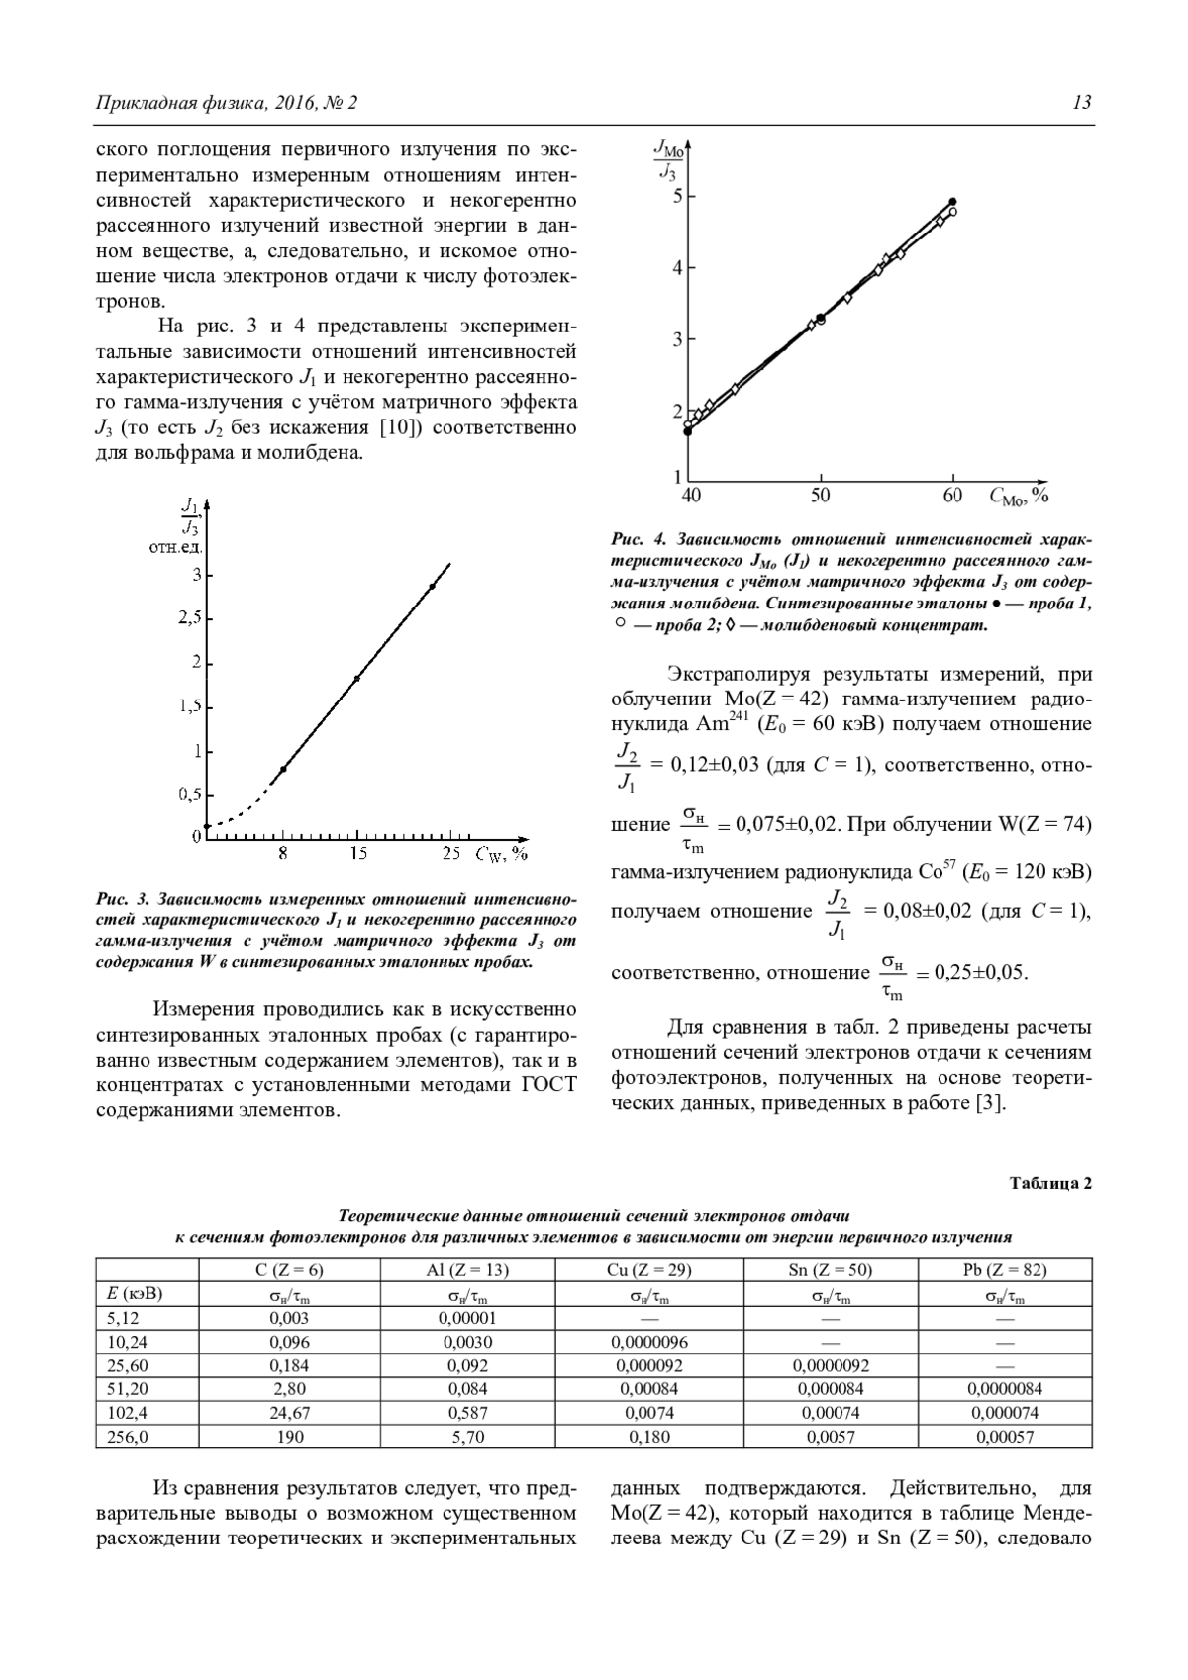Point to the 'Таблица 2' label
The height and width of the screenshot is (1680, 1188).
(1050, 1183)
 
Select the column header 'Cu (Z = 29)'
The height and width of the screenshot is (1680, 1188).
(648, 1270)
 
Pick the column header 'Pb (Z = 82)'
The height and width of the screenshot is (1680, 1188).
(1005, 1270)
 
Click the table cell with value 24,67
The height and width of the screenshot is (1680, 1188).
(289, 1413)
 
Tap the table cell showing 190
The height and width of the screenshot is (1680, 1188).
(289, 1437)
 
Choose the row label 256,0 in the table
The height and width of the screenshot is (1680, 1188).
(127, 1437)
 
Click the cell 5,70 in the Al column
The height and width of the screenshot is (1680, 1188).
(467, 1437)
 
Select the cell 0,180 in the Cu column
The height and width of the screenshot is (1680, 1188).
(648, 1437)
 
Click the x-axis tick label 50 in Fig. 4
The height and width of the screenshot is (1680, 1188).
(820, 495)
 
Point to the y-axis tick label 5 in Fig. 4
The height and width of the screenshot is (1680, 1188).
(677, 196)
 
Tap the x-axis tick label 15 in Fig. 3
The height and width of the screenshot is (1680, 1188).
(358, 853)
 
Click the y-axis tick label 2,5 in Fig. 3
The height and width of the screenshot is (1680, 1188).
(188, 618)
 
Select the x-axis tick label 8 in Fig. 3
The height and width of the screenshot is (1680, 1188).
(283, 853)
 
